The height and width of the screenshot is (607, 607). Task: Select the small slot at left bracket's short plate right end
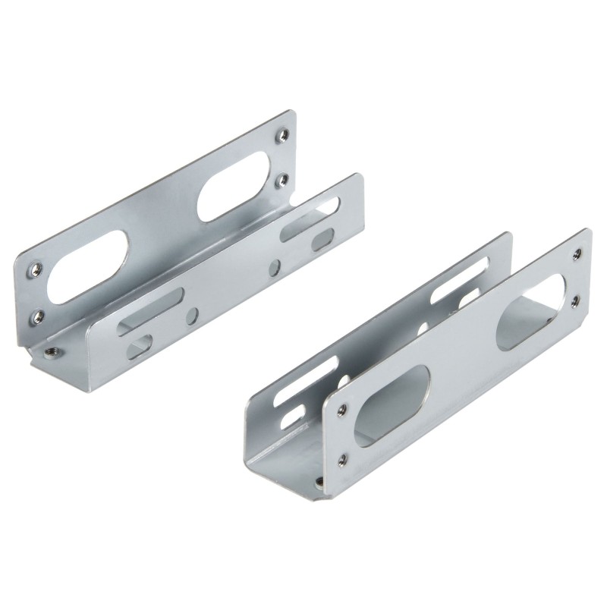pos(322,240)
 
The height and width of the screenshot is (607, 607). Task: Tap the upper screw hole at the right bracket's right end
pos(577,253)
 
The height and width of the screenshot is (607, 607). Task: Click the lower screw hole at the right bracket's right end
pos(574,300)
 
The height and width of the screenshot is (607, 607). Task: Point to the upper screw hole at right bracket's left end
pos(342,409)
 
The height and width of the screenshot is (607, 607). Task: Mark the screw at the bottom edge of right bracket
pos(319,483)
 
